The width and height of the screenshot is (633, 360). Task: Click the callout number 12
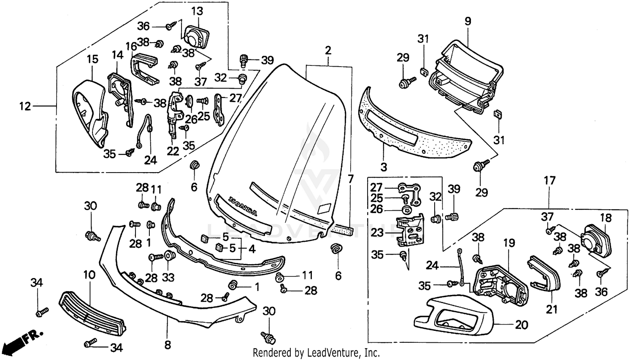tap(25, 106)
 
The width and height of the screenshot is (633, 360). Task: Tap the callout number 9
tap(468, 21)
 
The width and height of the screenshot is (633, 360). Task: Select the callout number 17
tap(549, 181)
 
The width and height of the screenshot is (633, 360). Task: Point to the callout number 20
tap(522, 325)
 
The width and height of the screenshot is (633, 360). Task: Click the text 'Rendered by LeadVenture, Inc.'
tap(316, 352)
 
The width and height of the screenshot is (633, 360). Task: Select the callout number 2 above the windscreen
tap(328, 51)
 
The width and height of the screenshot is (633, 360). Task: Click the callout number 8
tap(168, 345)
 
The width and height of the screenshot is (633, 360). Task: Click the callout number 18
tap(606, 218)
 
